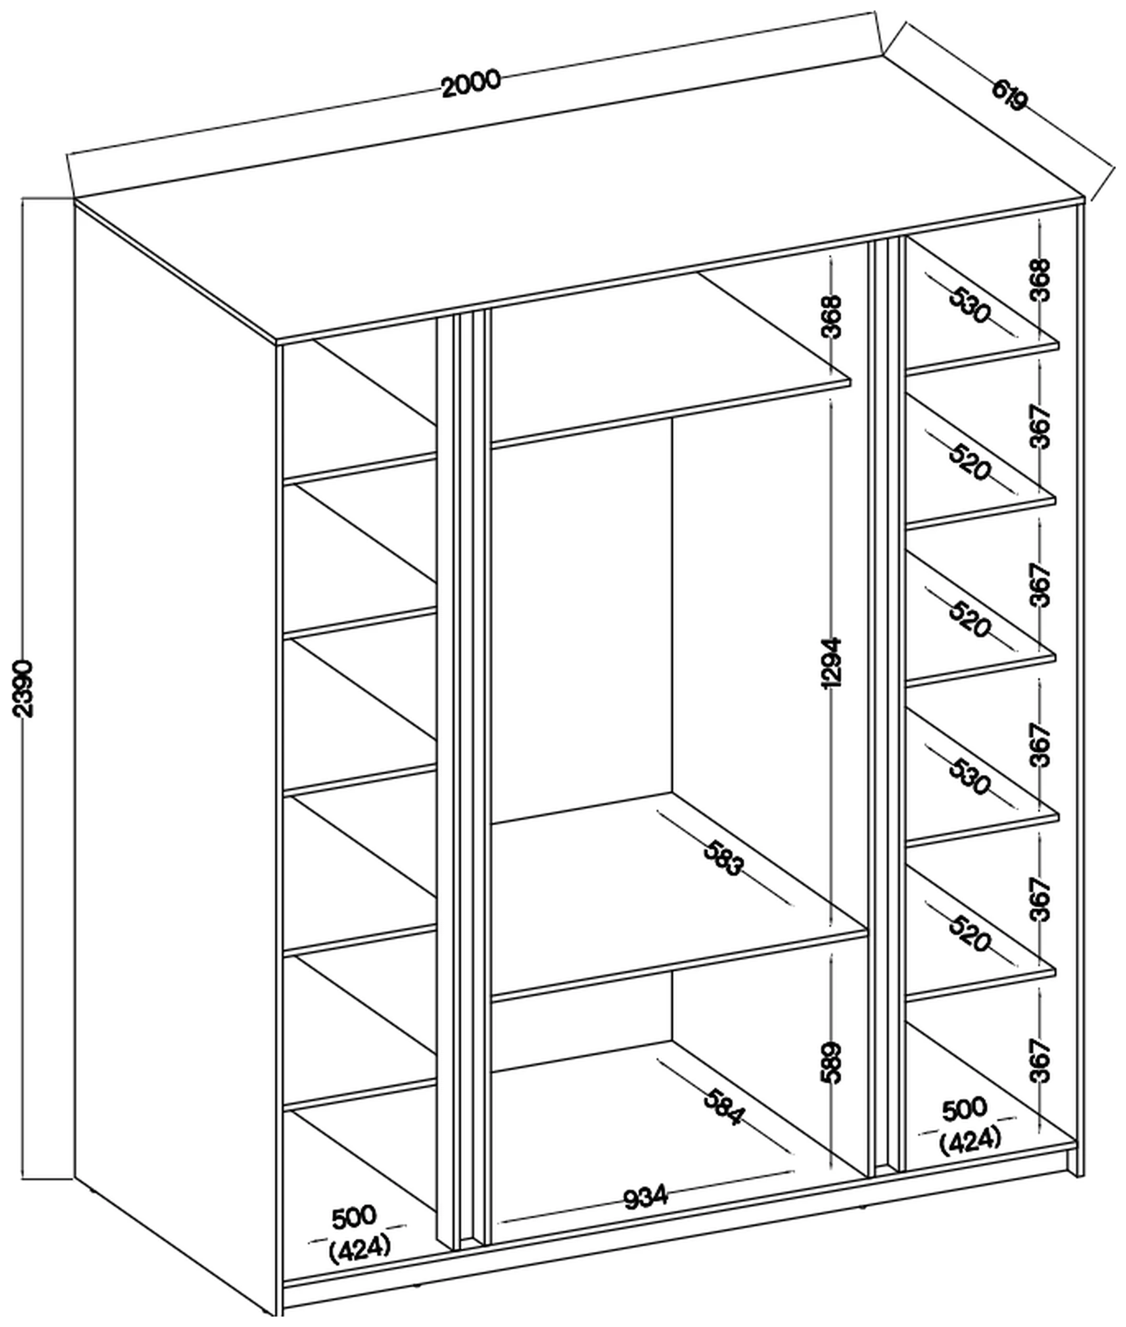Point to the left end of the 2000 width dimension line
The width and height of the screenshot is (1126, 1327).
(x=69, y=155)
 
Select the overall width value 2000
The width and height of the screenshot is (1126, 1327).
(x=472, y=84)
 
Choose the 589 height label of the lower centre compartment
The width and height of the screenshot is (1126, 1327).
(x=832, y=1063)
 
